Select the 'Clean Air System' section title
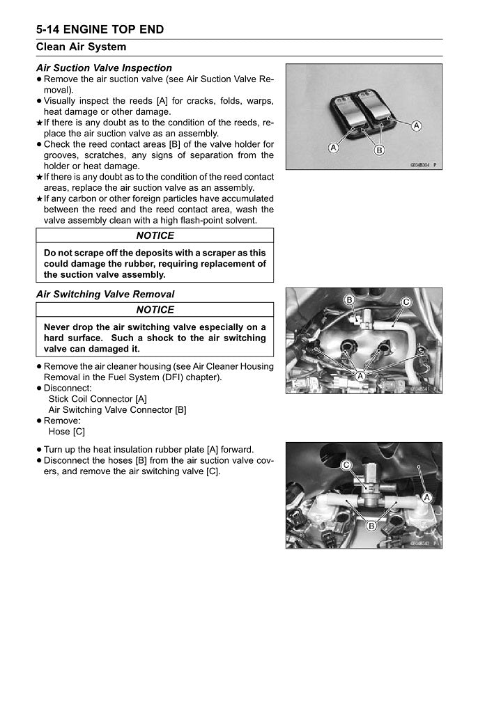point(81,47)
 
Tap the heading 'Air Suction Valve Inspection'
point(104,68)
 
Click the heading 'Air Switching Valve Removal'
point(105,295)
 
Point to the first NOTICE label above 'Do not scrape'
point(155,236)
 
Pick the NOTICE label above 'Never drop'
point(155,310)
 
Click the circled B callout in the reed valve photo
point(380,149)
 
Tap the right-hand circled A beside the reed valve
point(416,125)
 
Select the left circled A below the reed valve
point(334,148)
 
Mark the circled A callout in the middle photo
point(360,376)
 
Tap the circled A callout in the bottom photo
point(426,496)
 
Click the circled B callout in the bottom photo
point(371,525)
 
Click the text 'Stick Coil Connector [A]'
point(98,399)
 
